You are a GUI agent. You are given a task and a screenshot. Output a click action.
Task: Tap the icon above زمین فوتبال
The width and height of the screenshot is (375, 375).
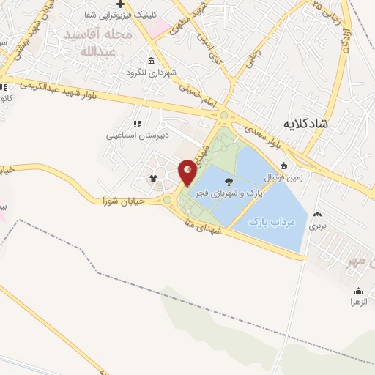click(283, 165)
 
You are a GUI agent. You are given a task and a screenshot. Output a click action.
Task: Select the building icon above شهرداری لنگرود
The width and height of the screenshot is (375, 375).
click(151, 61)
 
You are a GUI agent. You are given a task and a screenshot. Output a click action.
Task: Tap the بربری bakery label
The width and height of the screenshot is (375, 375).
click(316, 226)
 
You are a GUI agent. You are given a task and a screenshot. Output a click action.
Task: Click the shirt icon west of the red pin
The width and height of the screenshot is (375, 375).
click(153, 178)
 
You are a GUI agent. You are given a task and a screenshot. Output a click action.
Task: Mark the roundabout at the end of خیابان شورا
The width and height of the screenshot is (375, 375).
click(167, 200)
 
